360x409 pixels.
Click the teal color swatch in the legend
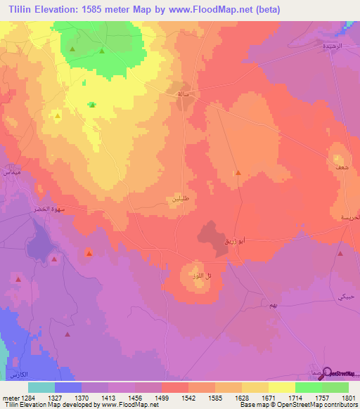click(x=41, y=387)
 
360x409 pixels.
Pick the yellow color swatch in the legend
click(x=282, y=387)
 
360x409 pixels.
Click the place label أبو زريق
click(x=233, y=241)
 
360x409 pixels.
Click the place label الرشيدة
click(x=328, y=46)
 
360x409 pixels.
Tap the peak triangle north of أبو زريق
click(x=238, y=173)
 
